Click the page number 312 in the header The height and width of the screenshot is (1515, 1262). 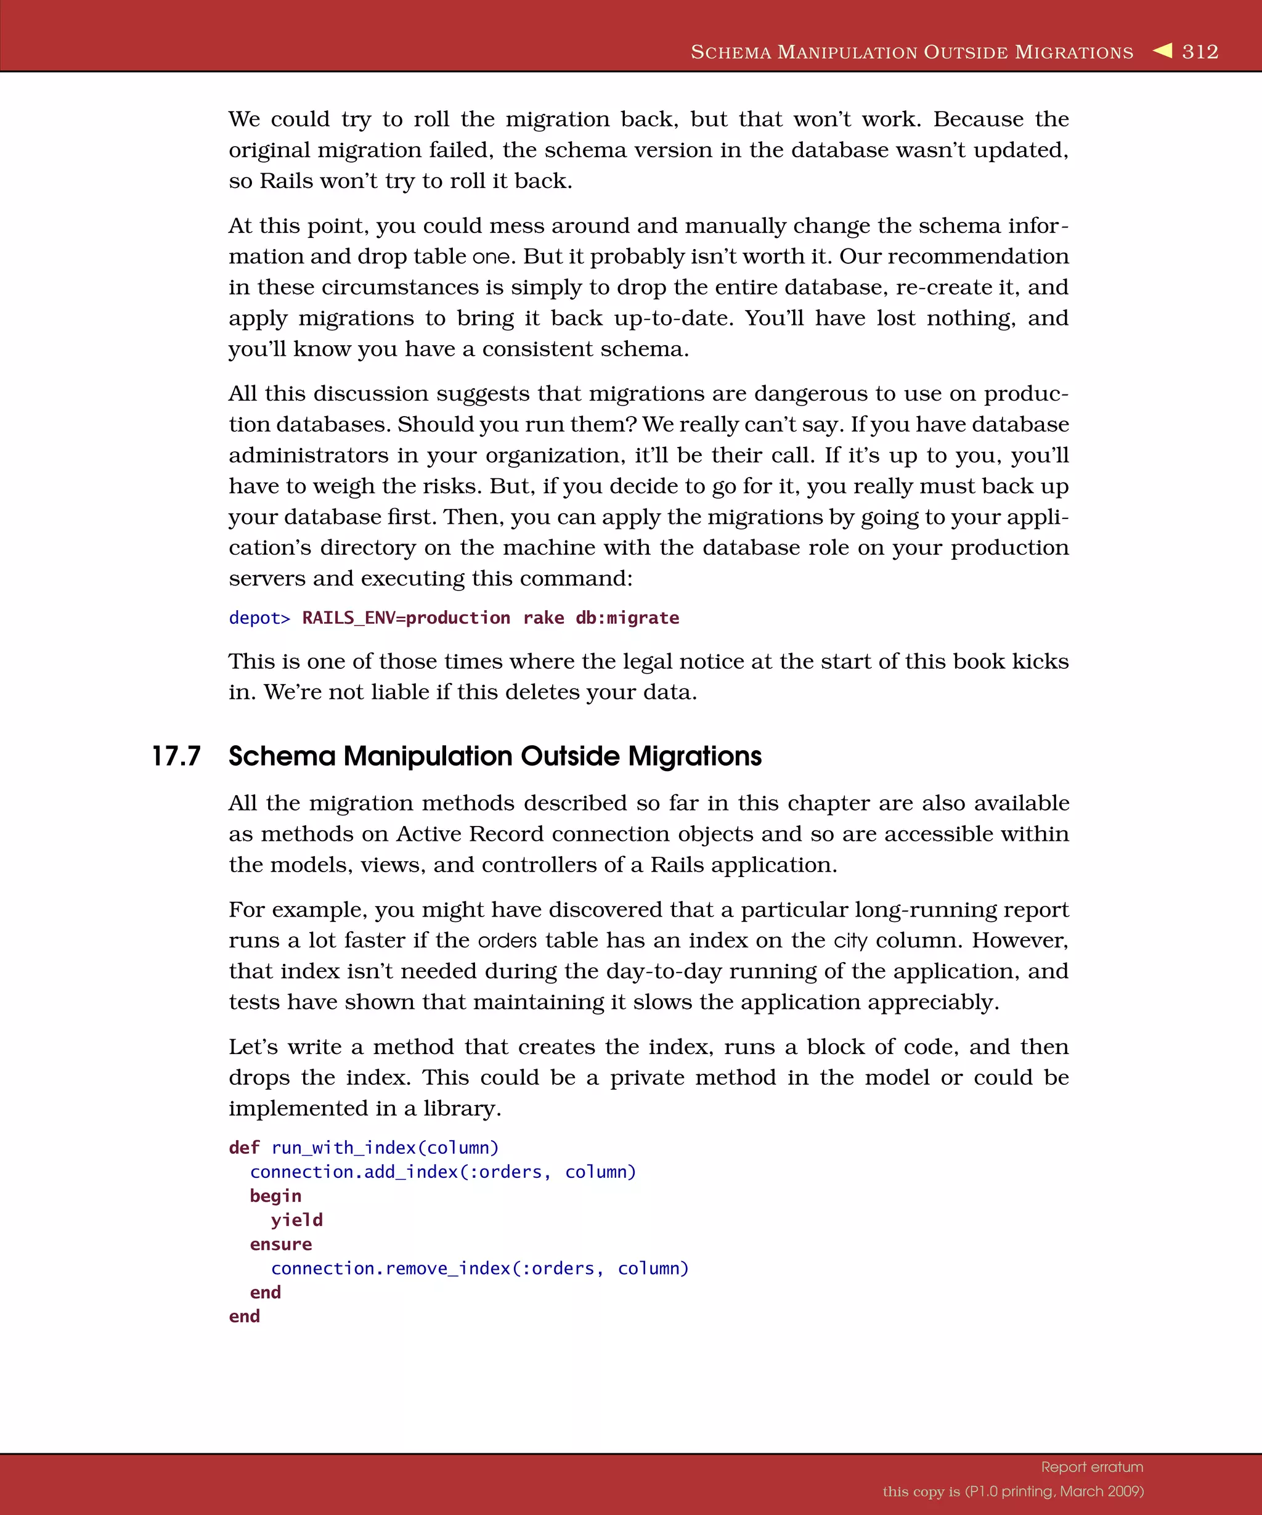1200,52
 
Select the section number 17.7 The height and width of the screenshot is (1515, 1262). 176,756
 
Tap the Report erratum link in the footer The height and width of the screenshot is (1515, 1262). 1092,1467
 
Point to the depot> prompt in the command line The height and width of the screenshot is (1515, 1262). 259,618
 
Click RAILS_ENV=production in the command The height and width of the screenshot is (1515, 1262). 406,618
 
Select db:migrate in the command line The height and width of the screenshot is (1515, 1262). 627,618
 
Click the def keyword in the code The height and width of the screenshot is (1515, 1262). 244,1148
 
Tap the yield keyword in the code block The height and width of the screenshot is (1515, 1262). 296,1220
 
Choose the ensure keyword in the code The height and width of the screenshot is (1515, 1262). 280,1244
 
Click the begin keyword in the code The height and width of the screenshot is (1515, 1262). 275,1196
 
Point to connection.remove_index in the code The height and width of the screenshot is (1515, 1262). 390,1268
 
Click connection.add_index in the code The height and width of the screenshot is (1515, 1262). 354,1172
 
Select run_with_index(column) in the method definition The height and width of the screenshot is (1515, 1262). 385,1148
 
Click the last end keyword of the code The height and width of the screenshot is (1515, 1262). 244,1316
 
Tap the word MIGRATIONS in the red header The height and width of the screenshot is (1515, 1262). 1074,52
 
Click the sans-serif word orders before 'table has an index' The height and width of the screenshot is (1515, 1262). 508,941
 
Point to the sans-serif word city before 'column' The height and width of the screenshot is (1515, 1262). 850,941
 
